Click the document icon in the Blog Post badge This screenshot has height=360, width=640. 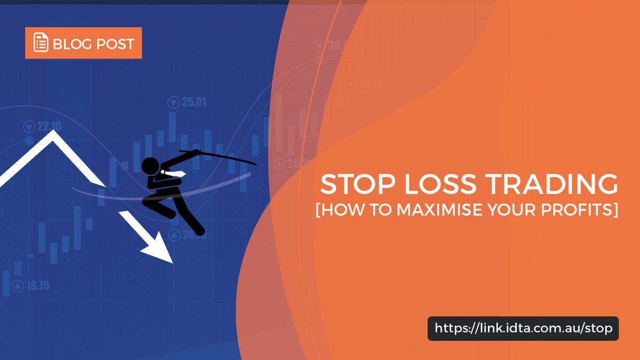41,43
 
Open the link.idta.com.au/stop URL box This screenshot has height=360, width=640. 523,329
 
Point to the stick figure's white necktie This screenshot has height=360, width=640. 179,173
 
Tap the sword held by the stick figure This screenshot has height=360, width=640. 224,156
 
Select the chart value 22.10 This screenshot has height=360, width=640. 49,126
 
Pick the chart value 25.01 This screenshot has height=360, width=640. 194,102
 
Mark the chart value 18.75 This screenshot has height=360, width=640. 37,286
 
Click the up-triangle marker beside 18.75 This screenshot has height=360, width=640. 18,286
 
